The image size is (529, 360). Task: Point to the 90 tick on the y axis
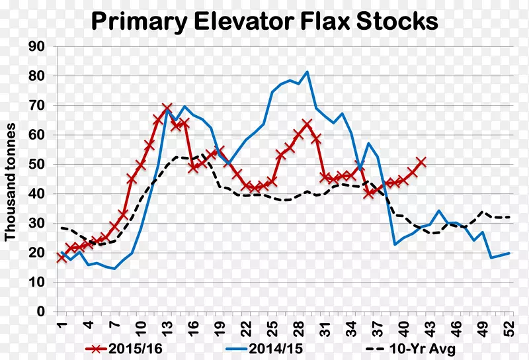(x=36, y=46)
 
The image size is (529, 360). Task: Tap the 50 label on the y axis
(x=36, y=164)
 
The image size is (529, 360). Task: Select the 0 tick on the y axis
(x=40, y=312)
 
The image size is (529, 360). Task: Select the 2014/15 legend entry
(x=262, y=347)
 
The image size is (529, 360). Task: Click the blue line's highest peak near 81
(x=307, y=71)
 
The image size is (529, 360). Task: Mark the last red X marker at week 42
(x=421, y=161)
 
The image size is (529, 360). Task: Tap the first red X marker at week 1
(x=61, y=257)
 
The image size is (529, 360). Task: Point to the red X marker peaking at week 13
(x=167, y=107)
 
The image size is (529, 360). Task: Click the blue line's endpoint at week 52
(x=509, y=253)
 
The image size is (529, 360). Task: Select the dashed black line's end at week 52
(x=509, y=217)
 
